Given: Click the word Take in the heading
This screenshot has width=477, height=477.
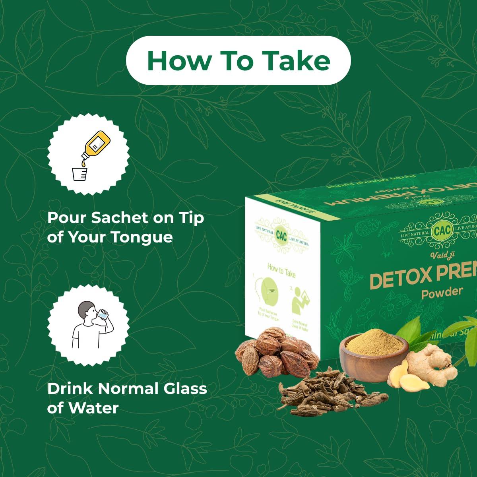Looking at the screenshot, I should [297, 60].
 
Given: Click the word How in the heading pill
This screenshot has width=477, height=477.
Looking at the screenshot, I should [179, 60].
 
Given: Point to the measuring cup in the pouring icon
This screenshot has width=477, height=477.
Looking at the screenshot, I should [79, 174].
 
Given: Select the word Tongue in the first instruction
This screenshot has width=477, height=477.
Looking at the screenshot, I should [141, 237].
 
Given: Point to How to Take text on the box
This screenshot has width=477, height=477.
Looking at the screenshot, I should [281, 271].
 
